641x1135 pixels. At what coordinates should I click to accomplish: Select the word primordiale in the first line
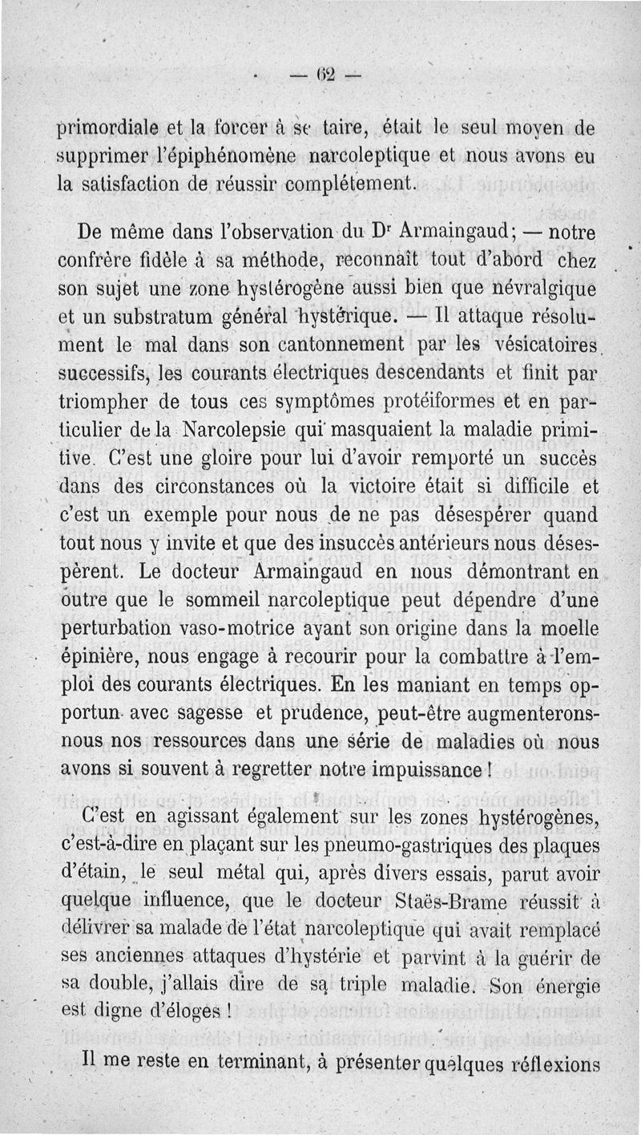[x=111, y=129]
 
